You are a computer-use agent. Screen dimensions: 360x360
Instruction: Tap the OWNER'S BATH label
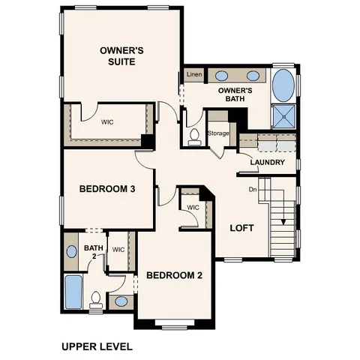[x=235, y=94]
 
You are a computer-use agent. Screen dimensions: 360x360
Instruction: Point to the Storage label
[x=218, y=133]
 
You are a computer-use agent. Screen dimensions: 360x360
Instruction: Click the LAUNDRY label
[x=267, y=162]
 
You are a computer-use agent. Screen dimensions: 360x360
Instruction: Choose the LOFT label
[x=241, y=228]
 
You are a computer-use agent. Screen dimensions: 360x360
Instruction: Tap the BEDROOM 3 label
[x=106, y=189]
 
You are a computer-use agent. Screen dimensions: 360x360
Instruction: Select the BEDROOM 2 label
[x=174, y=275]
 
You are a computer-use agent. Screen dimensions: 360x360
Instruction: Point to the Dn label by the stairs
[x=253, y=189]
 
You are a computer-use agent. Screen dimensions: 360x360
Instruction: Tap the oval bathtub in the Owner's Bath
[x=283, y=86]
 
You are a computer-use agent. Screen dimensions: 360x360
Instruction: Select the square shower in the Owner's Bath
[x=283, y=116]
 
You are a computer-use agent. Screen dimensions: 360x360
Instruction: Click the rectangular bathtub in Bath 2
[x=73, y=292]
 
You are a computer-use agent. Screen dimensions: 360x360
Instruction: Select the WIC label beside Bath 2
[x=118, y=250]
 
